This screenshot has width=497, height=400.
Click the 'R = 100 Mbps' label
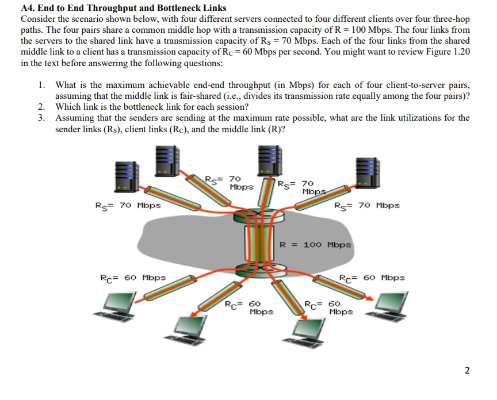pyautogui.click(x=315, y=244)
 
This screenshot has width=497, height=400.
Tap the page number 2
pyautogui.click(x=468, y=370)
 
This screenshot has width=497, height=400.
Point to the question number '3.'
pyautogui.click(x=43, y=118)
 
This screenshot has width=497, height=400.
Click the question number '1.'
pyautogui.click(x=43, y=86)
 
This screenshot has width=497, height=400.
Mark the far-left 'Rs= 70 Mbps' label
pyautogui.click(x=128, y=205)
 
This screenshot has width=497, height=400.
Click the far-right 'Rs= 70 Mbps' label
pyautogui.click(x=367, y=205)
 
